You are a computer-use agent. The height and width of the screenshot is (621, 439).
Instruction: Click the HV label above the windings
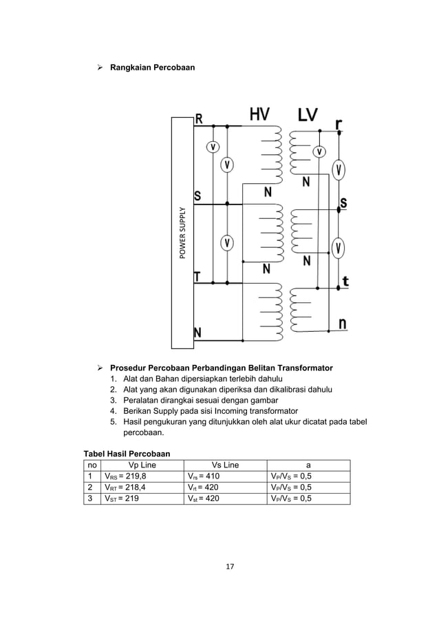pos(259,115)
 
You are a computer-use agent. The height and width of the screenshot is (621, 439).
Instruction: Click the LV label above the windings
pos(308,115)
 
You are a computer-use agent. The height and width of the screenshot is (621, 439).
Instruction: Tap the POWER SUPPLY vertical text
pos(183,233)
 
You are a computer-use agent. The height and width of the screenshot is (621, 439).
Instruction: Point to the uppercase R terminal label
pos(199,118)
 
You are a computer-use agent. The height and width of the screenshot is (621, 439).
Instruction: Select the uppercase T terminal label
pos(197,277)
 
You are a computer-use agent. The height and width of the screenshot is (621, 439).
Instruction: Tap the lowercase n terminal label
pos(342,323)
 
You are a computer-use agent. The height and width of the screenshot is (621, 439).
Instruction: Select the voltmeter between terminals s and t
pos(339,246)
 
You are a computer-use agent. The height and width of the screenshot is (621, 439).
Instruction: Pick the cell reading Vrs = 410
pos(204,475)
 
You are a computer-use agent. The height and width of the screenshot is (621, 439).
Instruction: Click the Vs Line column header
pos(225,464)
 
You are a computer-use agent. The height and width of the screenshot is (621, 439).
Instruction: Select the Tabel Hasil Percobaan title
pos(127,453)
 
